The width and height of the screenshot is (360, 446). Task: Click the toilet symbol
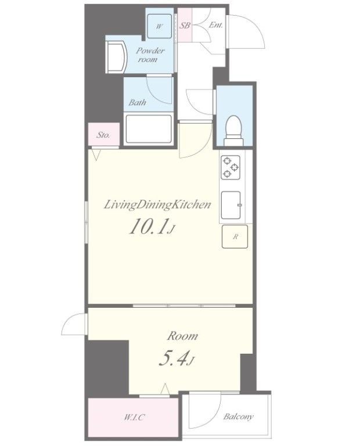[233, 131]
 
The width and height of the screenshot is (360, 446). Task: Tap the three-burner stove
[230, 167]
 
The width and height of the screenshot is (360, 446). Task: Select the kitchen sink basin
[231, 205]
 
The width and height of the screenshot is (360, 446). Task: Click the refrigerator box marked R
[235, 236]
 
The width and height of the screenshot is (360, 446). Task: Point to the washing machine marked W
[159, 26]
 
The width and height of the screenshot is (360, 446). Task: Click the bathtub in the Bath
[149, 129]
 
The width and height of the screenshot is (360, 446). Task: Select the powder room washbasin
[116, 57]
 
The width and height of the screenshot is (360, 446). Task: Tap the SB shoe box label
[185, 26]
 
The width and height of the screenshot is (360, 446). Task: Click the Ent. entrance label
[215, 25]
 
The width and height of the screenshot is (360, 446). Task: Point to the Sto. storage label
[103, 135]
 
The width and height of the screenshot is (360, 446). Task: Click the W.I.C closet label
[134, 418]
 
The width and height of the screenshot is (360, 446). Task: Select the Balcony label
[238, 417]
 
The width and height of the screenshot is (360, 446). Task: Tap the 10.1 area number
[147, 226]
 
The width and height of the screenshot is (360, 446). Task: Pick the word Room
[182, 336]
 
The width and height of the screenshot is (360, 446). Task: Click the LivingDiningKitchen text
[157, 205]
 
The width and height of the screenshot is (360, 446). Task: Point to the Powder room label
[150, 55]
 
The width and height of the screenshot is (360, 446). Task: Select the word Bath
[138, 102]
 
